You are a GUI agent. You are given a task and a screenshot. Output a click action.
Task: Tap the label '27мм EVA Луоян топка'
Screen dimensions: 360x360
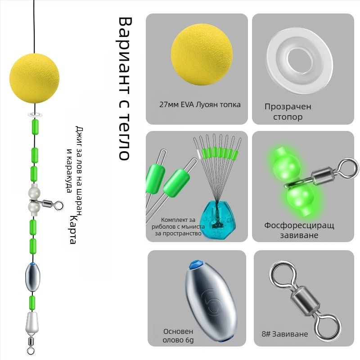click(x=200, y=104)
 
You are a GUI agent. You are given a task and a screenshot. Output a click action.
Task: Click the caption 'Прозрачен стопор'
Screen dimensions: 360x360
click(x=288, y=112)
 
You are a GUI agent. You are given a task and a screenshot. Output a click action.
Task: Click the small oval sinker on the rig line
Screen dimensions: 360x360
click(x=33, y=277)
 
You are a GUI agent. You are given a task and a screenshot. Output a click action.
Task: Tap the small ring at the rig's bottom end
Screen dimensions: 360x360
click(x=31, y=348)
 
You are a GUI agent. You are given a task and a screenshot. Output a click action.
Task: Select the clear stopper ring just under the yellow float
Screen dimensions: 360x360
click(x=34, y=109)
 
